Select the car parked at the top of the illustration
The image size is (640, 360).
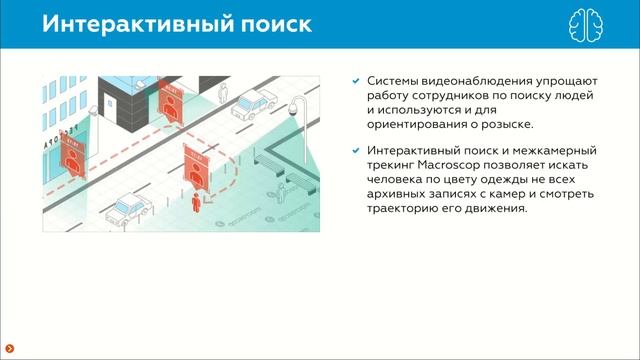click(253, 101)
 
